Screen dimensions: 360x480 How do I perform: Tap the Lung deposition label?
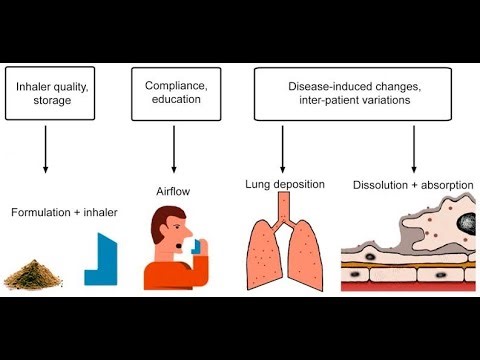[x=284, y=184]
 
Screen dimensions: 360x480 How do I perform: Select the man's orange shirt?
[x=166, y=275]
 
